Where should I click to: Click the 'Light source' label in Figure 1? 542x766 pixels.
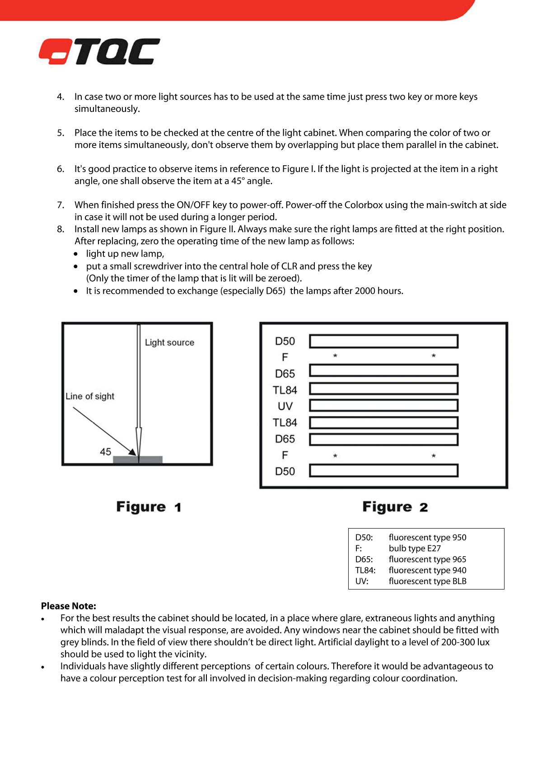point(169,343)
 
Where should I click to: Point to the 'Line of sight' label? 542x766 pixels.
point(90,396)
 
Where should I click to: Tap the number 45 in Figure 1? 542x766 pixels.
point(105,452)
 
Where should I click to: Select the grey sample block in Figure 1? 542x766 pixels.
point(137,460)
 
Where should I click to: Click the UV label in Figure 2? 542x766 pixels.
point(285,406)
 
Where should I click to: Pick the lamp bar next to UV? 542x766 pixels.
point(383,405)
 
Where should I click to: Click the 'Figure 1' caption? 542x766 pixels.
point(149,507)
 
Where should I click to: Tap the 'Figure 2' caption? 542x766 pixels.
point(395,507)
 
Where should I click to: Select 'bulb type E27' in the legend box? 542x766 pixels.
point(415,548)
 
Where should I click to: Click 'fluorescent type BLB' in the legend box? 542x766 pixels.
point(427,581)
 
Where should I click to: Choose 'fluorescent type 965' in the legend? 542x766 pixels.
point(427,559)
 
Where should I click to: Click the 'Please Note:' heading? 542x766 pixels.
point(69,606)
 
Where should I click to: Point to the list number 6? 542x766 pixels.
point(61,169)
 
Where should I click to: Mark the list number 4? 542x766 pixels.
point(61,97)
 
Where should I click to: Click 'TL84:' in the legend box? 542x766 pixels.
point(365,571)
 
